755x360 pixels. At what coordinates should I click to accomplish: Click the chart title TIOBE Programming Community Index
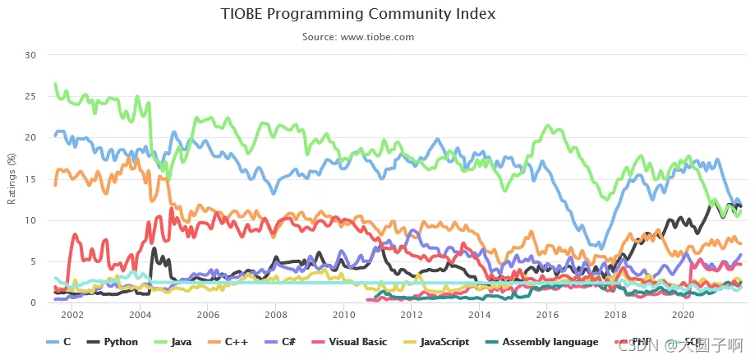358,15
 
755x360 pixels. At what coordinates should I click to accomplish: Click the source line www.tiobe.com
358,37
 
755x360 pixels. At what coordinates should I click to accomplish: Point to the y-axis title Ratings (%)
11,179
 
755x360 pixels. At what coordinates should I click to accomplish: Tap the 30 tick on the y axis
32,55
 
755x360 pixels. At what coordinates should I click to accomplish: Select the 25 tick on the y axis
32,96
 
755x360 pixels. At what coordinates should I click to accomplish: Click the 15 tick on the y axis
32,179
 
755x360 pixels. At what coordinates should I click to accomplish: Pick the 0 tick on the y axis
35,303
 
